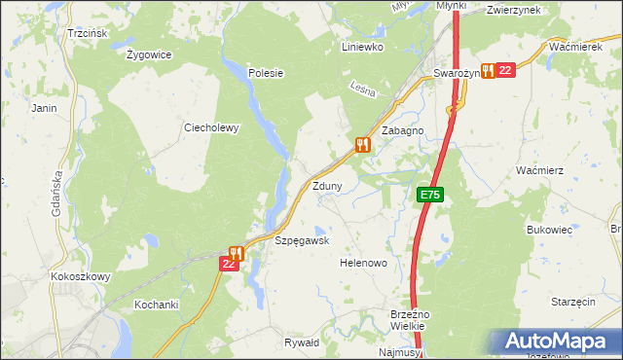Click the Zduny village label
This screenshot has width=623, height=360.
point(328,185)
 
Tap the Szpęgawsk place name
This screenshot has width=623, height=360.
point(302,240)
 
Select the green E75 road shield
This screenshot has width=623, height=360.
point(431,195)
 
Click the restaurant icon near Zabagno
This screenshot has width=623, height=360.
point(363,145)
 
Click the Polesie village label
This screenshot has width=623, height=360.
point(265,72)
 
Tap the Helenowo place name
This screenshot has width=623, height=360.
point(363,263)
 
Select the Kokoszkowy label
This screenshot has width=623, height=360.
point(80,276)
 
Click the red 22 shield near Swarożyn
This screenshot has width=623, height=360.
point(504,70)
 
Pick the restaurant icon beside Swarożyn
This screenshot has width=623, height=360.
point(487,70)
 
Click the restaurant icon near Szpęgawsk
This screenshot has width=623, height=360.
point(236,253)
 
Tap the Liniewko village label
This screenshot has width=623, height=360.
point(363,46)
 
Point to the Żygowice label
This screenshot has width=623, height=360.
point(149,54)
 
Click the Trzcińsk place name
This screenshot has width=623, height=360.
point(87,33)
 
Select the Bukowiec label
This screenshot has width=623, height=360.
point(546,230)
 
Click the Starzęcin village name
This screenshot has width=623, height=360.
point(572,303)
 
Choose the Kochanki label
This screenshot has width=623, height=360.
point(157,305)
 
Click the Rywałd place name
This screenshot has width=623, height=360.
point(301,342)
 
